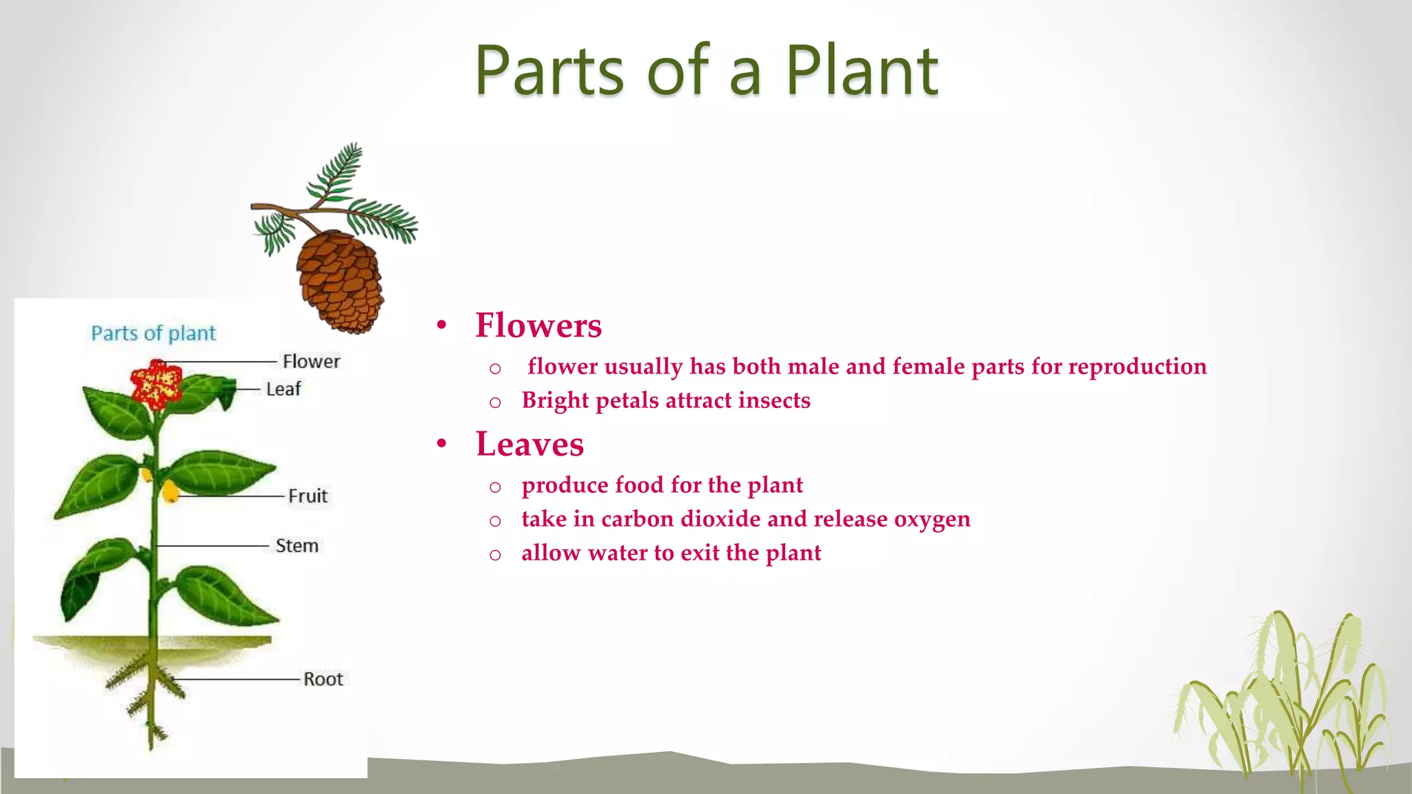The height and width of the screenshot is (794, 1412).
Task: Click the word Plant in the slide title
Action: (x=862, y=70)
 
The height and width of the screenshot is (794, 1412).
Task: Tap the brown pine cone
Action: (x=339, y=281)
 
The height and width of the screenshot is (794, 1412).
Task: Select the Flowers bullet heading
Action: (x=538, y=325)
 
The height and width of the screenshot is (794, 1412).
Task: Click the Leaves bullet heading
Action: (x=529, y=444)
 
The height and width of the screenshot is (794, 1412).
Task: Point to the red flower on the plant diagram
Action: (x=157, y=383)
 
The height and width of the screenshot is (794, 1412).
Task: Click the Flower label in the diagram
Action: (x=311, y=361)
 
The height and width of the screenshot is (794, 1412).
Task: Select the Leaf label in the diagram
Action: (x=283, y=389)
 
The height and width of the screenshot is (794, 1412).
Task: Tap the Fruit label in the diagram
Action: (x=307, y=496)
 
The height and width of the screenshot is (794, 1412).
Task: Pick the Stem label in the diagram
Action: (x=296, y=545)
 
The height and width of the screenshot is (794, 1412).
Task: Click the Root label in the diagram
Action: (x=323, y=679)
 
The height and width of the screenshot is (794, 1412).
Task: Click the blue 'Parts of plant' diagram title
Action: (x=154, y=334)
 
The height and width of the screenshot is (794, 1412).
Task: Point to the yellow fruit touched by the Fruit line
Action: (x=170, y=491)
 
